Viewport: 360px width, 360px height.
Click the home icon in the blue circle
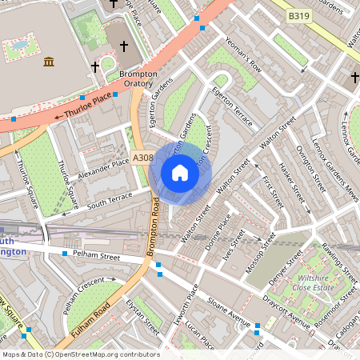pyautogui.click(x=180, y=172)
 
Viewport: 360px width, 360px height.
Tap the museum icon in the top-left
pyautogui.click(x=49, y=62)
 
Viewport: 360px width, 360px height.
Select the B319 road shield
pyautogui.click(x=300, y=15)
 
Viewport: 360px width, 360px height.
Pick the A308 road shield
pyautogui.click(x=142, y=158)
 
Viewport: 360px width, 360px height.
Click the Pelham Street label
pyautogui.click(x=95, y=257)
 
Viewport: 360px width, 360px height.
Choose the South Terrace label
pyautogui.click(x=110, y=197)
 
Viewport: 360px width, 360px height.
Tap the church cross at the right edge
pyautogui.click(x=354, y=78)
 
